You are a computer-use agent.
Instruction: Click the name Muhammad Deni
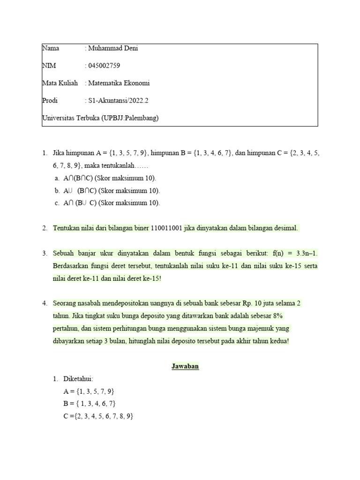(x=113, y=48)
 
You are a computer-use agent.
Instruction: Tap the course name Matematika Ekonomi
(x=119, y=83)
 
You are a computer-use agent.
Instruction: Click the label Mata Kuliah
(x=60, y=83)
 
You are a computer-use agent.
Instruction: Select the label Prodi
(x=50, y=100)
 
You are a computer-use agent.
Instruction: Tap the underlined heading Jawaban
(x=185, y=367)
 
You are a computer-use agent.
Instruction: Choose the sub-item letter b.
(x=57, y=191)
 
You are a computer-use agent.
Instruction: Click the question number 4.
(x=45, y=303)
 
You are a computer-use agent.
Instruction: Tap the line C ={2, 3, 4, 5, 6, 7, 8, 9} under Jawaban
(x=98, y=416)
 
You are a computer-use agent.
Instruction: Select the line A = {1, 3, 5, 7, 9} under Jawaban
(x=89, y=391)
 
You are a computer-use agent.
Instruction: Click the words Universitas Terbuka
(x=70, y=118)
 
